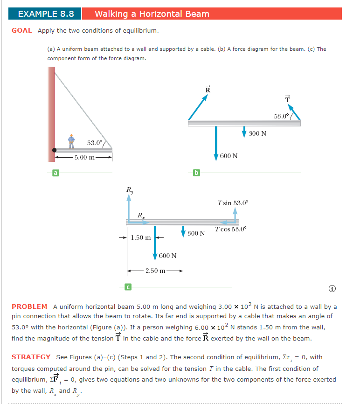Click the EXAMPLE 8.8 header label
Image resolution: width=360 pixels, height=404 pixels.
click(x=46, y=14)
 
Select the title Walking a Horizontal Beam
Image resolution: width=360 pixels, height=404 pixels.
click(x=152, y=14)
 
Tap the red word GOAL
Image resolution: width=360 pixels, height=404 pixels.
click(x=22, y=31)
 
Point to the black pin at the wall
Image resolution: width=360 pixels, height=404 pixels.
click(x=55, y=150)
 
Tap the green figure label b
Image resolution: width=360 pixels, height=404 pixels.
click(x=196, y=174)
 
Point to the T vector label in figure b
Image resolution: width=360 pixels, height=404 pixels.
click(x=287, y=98)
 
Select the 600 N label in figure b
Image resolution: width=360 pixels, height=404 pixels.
click(x=228, y=156)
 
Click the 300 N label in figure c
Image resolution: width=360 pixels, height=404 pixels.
click(x=196, y=233)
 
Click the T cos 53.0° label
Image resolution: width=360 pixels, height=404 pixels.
click(x=231, y=229)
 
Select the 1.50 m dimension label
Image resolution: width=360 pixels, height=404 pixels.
click(x=141, y=237)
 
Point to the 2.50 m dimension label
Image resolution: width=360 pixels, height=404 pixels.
click(x=155, y=271)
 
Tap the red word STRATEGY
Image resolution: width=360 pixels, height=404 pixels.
click(x=31, y=357)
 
